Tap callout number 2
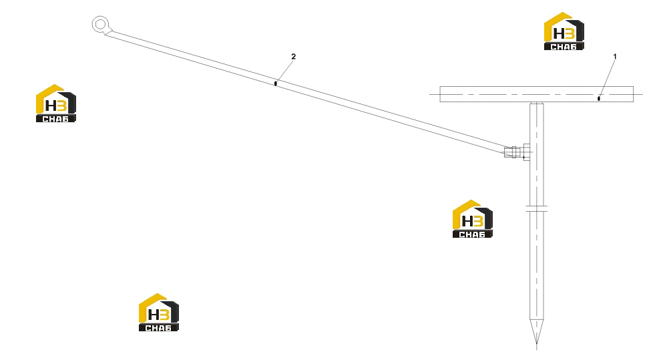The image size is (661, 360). (293, 57)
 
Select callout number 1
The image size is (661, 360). (615, 57)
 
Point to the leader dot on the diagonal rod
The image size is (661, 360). (276, 83)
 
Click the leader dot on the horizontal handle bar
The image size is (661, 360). (599, 99)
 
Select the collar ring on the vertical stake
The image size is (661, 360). (536, 208)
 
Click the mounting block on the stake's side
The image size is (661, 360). (527, 152)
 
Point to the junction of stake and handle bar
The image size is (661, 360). (536, 102)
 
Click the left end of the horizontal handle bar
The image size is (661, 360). (440, 94)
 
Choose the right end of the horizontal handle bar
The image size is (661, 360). (633, 94)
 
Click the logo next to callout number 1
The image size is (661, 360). (564, 31)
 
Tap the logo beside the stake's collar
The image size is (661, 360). (472, 219)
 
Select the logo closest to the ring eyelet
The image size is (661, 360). (55, 104)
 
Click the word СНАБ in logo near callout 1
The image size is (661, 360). (564, 47)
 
